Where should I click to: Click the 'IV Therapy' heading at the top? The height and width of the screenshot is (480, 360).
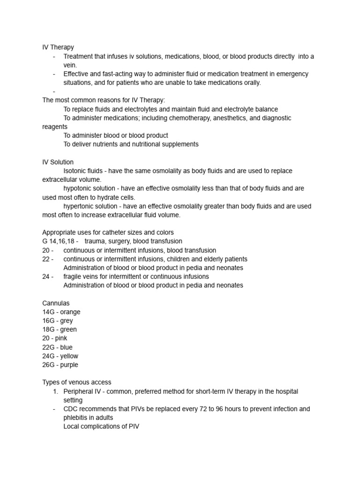pyautogui.click(x=58, y=47)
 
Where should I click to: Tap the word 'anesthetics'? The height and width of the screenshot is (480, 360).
pyautogui.click(x=230, y=118)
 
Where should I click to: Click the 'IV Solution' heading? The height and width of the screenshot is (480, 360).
pyautogui.click(x=58, y=162)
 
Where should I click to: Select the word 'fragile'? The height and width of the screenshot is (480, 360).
pyautogui.click(x=74, y=277)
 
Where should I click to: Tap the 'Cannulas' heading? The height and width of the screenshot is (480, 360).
pyautogui.click(x=56, y=303)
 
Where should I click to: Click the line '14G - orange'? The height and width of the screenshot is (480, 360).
pyautogui.click(x=61, y=312)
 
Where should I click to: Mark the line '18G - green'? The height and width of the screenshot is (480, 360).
pyautogui.click(x=60, y=330)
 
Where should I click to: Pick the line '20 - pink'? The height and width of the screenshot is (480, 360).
pyautogui.click(x=55, y=338)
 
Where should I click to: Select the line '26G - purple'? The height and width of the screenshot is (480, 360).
pyautogui.click(x=60, y=365)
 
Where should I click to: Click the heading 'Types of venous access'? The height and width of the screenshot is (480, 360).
pyautogui.click(x=77, y=382)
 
